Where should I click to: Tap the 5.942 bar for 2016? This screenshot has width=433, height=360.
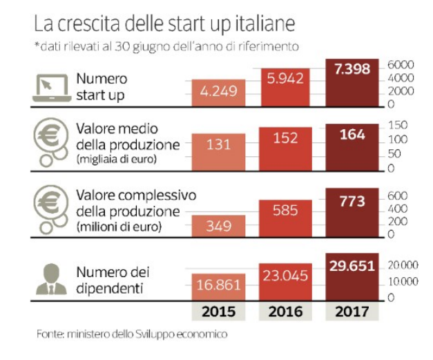(x=285, y=86)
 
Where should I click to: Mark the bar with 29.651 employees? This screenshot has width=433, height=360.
(x=352, y=276)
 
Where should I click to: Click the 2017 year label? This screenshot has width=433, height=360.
(x=352, y=312)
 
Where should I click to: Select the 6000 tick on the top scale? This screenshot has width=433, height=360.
(x=401, y=63)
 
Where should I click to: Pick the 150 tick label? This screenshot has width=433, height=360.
(x=399, y=125)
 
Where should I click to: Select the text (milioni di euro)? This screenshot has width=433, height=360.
(x=119, y=225)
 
